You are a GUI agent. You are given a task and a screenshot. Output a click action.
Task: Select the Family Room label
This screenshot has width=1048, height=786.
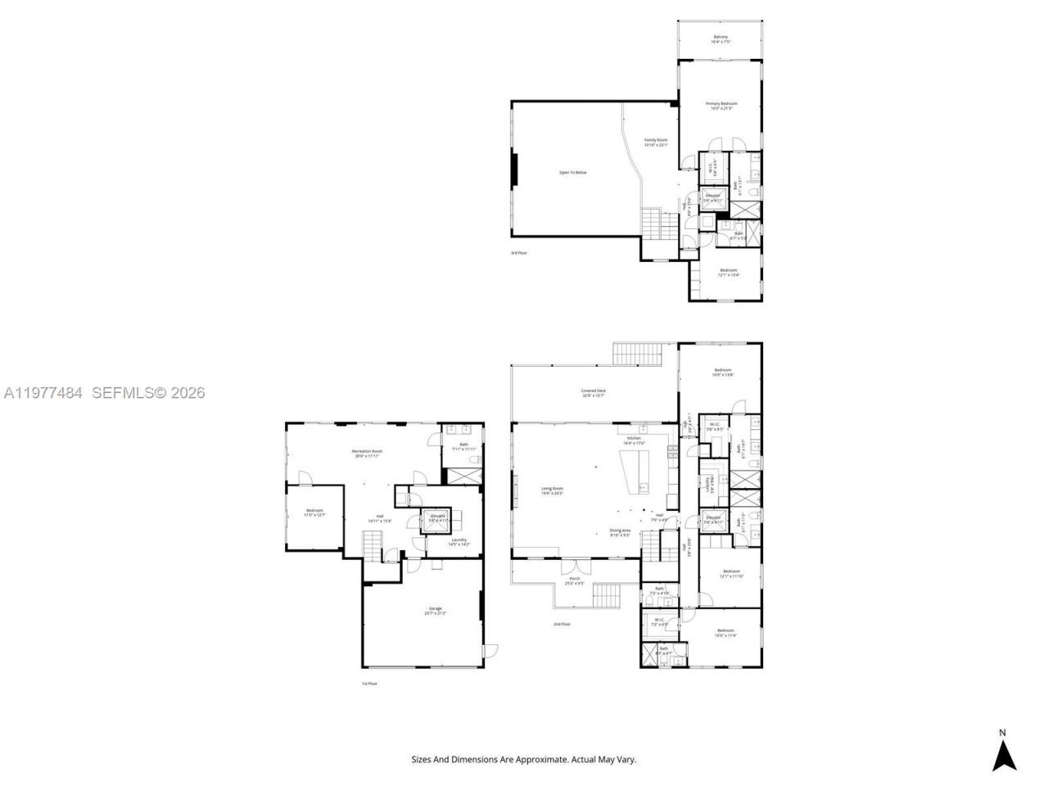[656, 142]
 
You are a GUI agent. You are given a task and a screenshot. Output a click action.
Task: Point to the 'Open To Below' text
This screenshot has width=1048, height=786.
[572, 173]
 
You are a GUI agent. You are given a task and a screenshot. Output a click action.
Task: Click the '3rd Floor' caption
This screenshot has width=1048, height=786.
[519, 253]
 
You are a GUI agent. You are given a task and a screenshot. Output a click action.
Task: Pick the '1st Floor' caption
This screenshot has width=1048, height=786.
[370, 683]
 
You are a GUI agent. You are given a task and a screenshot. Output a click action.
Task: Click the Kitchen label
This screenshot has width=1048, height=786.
[635, 440]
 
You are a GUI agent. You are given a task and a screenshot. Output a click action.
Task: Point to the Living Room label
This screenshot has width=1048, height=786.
[552, 490]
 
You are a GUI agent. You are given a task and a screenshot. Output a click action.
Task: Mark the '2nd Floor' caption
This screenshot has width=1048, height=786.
[562, 625]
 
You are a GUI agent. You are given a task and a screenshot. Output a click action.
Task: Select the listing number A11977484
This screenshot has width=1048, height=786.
[43, 393]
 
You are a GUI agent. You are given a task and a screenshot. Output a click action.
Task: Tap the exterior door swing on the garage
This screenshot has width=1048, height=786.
[490, 651]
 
